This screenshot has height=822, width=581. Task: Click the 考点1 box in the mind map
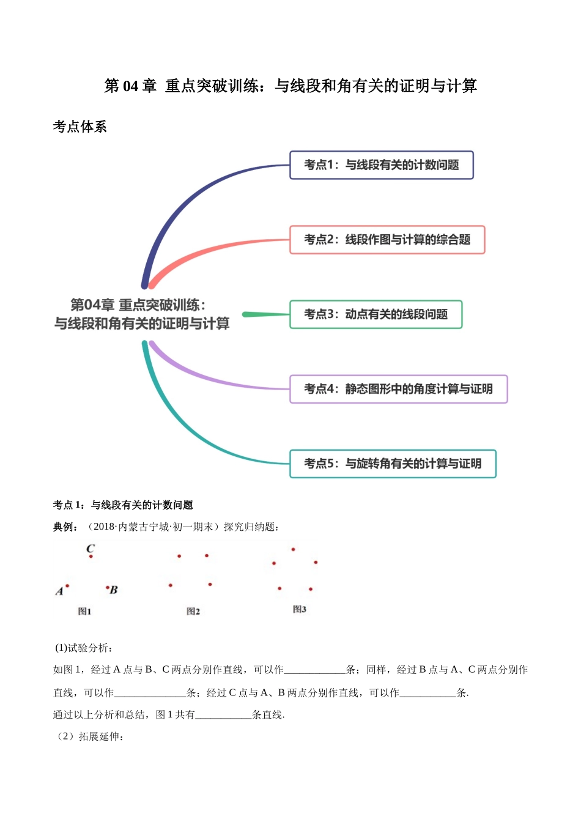coord(381,165)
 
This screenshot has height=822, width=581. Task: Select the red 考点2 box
coord(387,240)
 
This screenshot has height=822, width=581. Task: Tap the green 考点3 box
coord(376,314)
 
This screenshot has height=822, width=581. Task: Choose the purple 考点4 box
coord(398,389)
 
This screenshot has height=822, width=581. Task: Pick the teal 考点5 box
coord(392,464)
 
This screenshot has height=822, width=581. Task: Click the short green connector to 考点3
coord(265,314)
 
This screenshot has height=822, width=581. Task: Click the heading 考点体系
coord(80,127)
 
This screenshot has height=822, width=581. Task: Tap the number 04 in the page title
coord(130,86)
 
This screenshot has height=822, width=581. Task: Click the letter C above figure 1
coord(91,548)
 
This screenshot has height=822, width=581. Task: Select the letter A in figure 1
coord(59,591)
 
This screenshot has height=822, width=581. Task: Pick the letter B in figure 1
coord(114,590)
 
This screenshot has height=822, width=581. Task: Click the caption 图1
coord(84,611)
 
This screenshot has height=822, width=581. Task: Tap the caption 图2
coord(193,611)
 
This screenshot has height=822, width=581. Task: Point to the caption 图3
coord(299,609)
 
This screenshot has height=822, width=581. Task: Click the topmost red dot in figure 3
coord(294,549)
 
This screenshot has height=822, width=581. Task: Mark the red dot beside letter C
coord(91,557)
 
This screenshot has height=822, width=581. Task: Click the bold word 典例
coord(65,527)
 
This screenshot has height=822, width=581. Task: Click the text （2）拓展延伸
coord(89,736)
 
